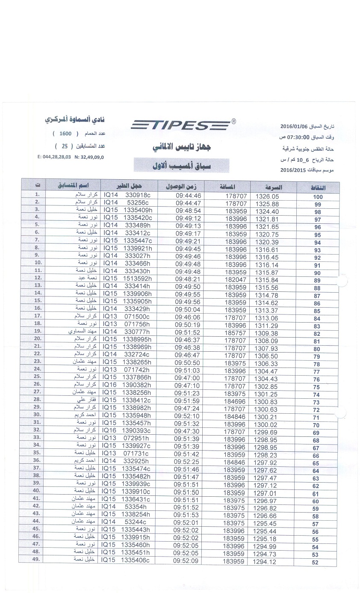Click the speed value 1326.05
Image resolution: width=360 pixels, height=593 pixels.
pyautogui.click(x=267, y=196)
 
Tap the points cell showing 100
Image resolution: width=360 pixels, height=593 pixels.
pyautogui.click(x=318, y=197)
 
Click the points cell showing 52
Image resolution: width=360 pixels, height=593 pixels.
pyautogui.click(x=316, y=562)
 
